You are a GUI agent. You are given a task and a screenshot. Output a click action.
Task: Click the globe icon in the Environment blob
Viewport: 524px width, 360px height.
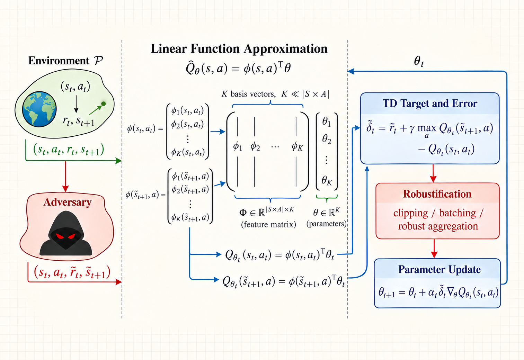39,109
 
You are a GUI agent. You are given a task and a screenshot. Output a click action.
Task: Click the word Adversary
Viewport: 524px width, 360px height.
68,202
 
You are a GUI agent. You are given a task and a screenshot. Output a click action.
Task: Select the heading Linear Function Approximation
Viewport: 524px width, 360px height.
239,49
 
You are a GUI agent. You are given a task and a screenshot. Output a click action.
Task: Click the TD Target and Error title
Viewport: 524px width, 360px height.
430,103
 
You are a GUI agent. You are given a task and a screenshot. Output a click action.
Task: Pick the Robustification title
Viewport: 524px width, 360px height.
437,194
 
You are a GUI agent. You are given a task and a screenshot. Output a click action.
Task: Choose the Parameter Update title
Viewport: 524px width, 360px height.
439,270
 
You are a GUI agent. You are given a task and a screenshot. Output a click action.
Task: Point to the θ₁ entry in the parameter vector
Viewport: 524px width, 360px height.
327,121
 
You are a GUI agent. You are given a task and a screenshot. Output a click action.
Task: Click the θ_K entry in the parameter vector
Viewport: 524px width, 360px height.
327,180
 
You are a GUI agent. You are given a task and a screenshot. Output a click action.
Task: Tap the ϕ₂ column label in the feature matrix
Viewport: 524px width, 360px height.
255,147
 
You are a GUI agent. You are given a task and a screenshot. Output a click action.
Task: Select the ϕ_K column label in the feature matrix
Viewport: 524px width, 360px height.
297,147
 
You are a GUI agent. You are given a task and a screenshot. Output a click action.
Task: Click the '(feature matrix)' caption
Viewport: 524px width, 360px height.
268,224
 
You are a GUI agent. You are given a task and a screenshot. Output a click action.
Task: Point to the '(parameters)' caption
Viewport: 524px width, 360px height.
327,224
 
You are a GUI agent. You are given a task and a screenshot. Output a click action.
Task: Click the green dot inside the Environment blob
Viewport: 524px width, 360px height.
104,103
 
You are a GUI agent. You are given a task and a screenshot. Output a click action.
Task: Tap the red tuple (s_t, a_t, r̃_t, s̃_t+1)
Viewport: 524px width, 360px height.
72,272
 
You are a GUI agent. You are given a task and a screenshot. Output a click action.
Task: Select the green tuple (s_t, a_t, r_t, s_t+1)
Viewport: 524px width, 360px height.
69,150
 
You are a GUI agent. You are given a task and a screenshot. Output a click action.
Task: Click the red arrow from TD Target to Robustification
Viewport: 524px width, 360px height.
433,173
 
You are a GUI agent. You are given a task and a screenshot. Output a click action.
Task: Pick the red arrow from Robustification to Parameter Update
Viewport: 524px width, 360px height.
434,249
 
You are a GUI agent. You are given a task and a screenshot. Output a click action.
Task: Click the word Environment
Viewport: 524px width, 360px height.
59,61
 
